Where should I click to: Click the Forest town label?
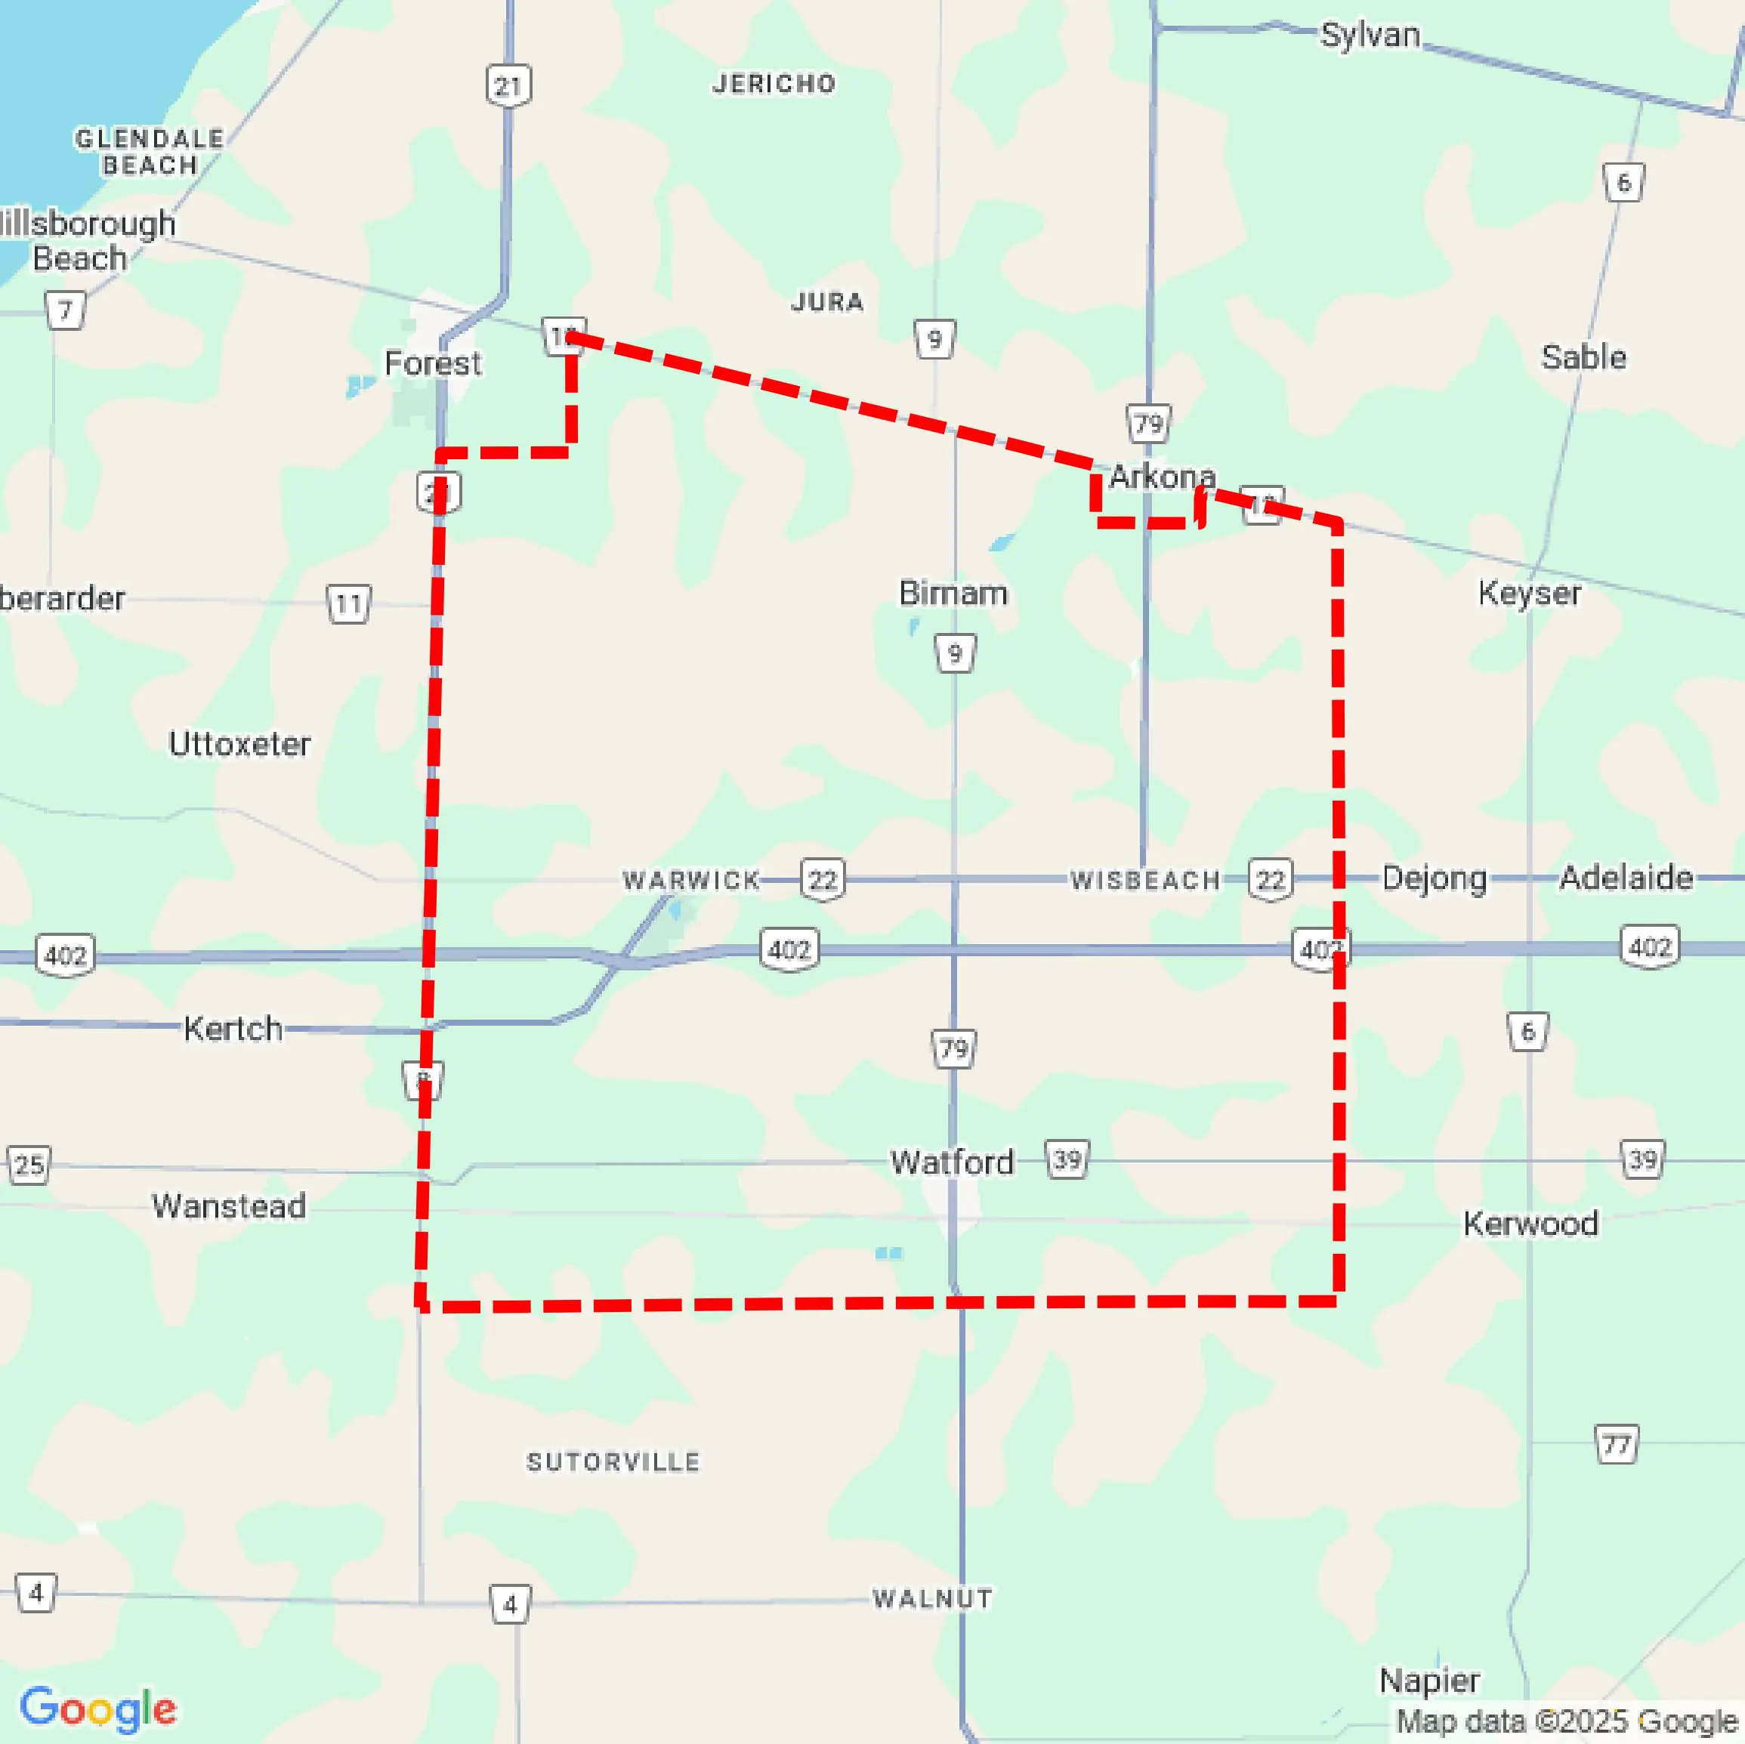click(433, 363)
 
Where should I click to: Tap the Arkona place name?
click(1162, 476)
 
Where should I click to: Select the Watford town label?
click(951, 1162)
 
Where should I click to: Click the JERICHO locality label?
click(774, 84)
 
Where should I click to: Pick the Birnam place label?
click(953, 594)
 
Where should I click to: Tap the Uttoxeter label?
click(239, 743)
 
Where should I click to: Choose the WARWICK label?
click(692, 880)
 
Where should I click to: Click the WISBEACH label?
click(1145, 880)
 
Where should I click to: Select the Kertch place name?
click(233, 1028)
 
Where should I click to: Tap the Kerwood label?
click(1530, 1223)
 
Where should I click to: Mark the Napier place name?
click(1429, 1680)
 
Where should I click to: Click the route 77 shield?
click(1616, 1445)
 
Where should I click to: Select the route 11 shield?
click(347, 603)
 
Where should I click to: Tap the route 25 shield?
click(29, 1164)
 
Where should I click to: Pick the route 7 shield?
click(65, 310)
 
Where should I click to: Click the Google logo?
click(98, 1709)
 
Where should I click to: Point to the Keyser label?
click(1529, 594)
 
